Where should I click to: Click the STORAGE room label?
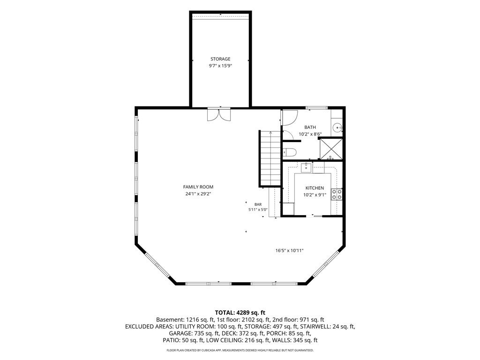[x=220, y=59]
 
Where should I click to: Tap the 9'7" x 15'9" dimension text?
[x=220, y=66]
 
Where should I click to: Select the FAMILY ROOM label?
[x=198, y=187]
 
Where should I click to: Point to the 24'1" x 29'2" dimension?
[x=198, y=194]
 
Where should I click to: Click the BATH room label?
[x=310, y=127]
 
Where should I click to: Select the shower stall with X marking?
[x=331, y=149]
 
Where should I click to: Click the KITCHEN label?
[x=315, y=188]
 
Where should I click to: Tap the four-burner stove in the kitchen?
[x=337, y=195]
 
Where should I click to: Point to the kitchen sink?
[x=306, y=168]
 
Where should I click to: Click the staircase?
[x=270, y=158]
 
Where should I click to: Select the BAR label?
[x=258, y=204]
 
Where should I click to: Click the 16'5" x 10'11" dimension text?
[x=289, y=251]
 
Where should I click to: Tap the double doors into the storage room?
[x=218, y=114]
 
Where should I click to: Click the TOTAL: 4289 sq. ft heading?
[x=240, y=313]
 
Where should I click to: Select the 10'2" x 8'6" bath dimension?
[x=310, y=134]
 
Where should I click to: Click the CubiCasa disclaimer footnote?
[x=240, y=350]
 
